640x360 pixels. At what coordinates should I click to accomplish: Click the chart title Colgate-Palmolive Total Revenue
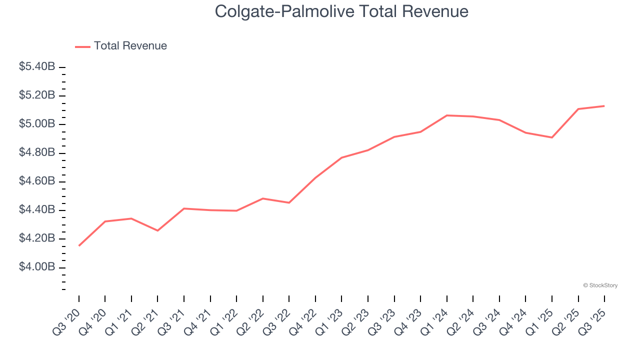341,11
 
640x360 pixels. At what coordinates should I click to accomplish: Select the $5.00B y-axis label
37,124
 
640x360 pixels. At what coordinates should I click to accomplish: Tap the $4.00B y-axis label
37,267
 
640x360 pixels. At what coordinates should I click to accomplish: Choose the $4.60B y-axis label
37,181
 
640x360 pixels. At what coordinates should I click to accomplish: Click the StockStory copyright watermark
600,285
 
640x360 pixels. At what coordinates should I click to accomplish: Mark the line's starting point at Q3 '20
79,245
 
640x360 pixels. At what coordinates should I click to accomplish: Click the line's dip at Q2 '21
157,230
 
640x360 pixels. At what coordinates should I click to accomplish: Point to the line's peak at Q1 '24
446,115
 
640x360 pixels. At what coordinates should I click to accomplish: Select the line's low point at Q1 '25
552,137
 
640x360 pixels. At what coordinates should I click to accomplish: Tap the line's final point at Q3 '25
604,106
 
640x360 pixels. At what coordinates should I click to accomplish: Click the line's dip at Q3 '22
289,202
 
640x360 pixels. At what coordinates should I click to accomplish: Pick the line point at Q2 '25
578,109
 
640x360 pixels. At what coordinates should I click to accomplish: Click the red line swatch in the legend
82,46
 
